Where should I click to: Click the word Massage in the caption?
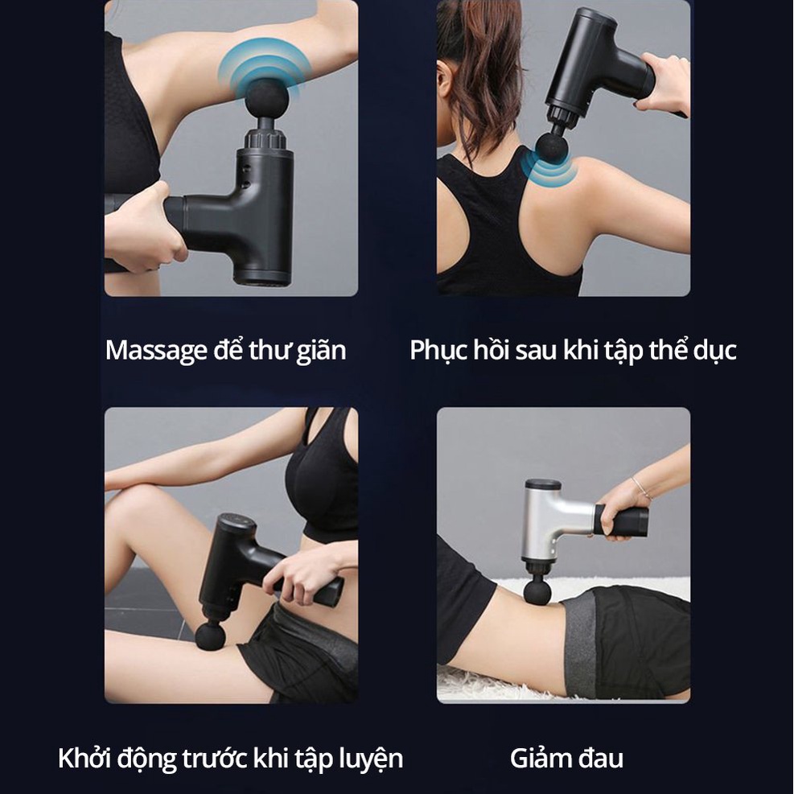(x=157, y=351)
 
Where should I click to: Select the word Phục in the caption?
(x=438, y=351)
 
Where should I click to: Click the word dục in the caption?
(x=714, y=351)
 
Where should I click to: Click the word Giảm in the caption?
(x=539, y=758)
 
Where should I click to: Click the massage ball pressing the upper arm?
(x=267, y=97)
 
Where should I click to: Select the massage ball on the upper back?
(x=551, y=148)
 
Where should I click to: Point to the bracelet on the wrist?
(x=640, y=488)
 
